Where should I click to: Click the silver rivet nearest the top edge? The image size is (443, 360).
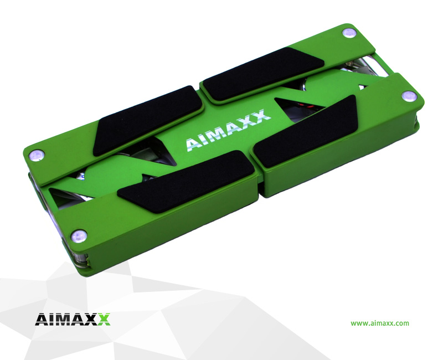coord(349,33)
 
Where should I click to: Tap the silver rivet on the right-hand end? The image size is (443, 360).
coord(409,96)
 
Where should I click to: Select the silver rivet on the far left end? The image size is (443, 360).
coord(37,155)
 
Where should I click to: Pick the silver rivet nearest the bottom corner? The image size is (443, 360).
coord(79,236)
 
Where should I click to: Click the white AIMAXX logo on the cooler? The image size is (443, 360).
coord(228,130)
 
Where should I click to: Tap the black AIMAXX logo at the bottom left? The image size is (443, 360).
coord(73,320)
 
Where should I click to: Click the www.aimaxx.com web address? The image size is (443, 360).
coord(380,323)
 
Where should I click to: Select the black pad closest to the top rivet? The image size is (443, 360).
coord(264,74)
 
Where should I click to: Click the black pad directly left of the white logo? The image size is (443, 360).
coord(147,121)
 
